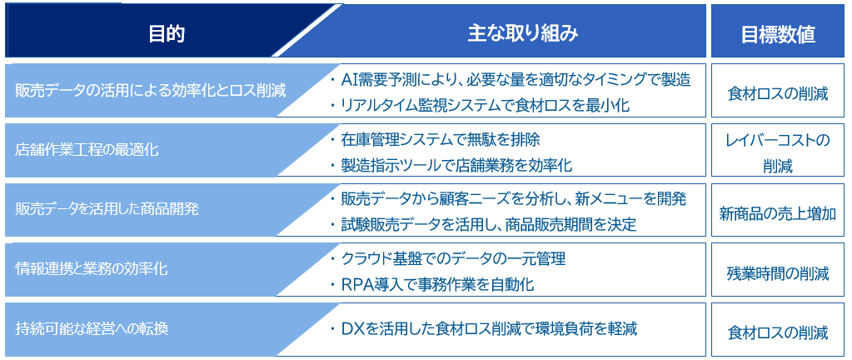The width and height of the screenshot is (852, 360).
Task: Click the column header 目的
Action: [x=167, y=34]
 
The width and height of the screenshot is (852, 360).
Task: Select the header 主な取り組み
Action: [x=522, y=34]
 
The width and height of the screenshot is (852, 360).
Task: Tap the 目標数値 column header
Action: [x=778, y=34]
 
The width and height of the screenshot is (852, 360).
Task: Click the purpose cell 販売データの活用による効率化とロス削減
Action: [x=151, y=90]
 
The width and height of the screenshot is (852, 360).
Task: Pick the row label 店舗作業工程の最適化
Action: [x=87, y=150]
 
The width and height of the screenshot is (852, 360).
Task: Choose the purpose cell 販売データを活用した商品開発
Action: [x=107, y=210]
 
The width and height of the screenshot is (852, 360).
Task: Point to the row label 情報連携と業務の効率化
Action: [x=92, y=270]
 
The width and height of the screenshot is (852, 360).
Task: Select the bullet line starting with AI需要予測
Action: [x=510, y=80]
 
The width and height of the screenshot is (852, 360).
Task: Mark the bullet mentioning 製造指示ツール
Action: [x=451, y=165]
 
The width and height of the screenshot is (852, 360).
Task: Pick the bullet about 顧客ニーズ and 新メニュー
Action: [x=508, y=199]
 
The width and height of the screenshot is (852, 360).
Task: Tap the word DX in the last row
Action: [x=351, y=329]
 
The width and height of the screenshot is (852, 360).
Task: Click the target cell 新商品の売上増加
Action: [x=778, y=213]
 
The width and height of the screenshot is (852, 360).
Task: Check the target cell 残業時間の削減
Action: [x=778, y=273]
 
